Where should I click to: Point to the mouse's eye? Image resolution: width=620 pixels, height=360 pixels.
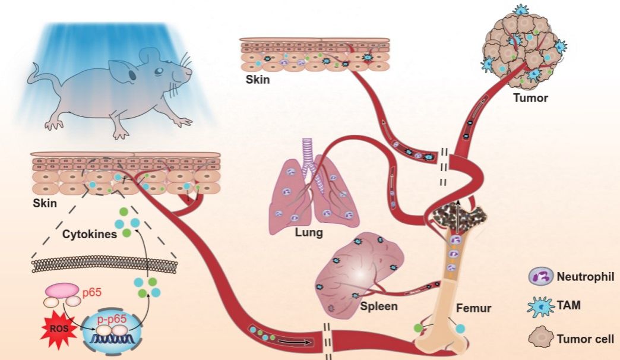(x=158, y=72)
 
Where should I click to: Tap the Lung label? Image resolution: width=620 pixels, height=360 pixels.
(x=309, y=233)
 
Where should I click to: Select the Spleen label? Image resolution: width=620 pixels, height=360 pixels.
(x=378, y=307)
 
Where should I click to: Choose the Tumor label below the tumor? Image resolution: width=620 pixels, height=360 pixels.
(x=530, y=97)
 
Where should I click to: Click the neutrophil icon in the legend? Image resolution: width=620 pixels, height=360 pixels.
(x=539, y=276)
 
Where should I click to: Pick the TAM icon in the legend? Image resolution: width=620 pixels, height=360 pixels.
(x=539, y=307)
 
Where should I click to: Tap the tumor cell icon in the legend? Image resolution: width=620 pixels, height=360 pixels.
(x=539, y=339)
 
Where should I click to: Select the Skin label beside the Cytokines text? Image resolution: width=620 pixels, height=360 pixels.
(x=46, y=204)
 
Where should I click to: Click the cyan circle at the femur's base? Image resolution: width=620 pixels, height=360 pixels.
(x=460, y=327)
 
